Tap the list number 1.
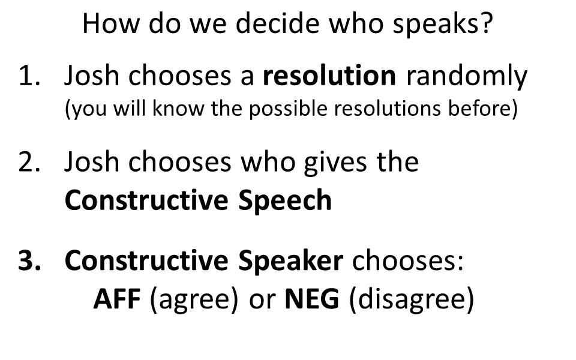coord(29,76)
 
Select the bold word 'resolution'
coord(329,76)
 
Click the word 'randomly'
coord(467,78)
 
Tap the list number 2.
coord(29,163)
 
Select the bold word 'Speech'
coord(285,200)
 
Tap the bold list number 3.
coord(29,260)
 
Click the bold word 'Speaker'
coord(290,261)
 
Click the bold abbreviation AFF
coord(117,299)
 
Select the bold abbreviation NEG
coord(312,299)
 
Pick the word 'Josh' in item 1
coord(92,76)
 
